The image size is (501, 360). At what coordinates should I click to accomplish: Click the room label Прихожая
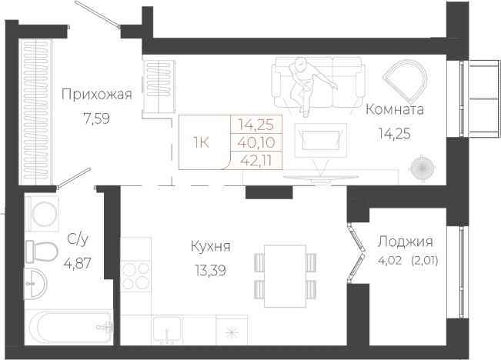pyautogui.click(x=97, y=95)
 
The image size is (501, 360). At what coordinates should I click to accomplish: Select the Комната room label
pyautogui.click(x=395, y=109)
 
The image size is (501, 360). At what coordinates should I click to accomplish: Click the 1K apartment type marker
pyautogui.click(x=201, y=142)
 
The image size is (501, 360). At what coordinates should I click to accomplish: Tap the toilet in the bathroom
pyautogui.click(x=42, y=251)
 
